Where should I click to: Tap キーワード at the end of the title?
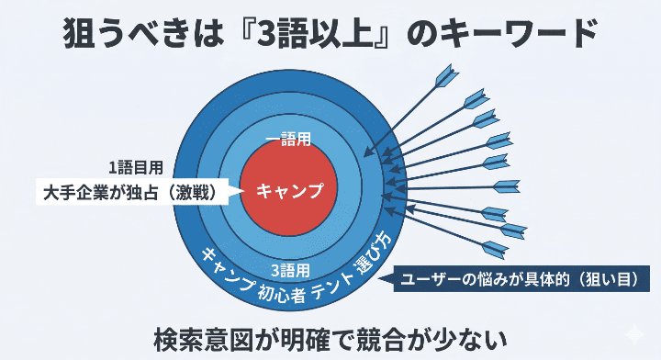pos(513,35)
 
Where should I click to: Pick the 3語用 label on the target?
pos(291,270)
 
